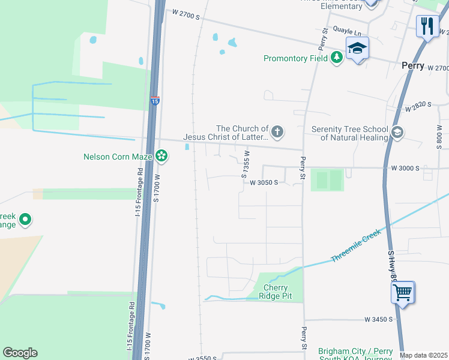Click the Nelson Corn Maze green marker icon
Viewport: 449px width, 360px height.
pyautogui.click(x=161, y=157)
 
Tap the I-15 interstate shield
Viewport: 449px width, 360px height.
pyautogui.click(x=155, y=101)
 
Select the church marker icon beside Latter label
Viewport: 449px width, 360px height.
pyautogui.click(x=277, y=131)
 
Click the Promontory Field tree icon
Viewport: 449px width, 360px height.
pyautogui.click(x=337, y=58)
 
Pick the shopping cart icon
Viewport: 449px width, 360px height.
pyautogui.click(x=403, y=293)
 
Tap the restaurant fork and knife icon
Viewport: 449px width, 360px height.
pyautogui.click(x=427, y=26)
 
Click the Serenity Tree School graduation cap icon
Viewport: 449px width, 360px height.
pyautogui.click(x=396, y=133)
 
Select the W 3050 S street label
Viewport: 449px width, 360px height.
pyautogui.click(x=264, y=182)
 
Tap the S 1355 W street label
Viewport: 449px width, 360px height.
pyautogui.click(x=246, y=164)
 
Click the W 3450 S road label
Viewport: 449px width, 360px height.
pyautogui.click(x=378, y=320)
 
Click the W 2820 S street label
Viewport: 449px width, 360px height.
pyautogui.click(x=418, y=107)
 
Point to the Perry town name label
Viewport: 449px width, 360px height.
pyautogui.click(x=413, y=65)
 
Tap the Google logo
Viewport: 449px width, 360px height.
pyautogui.click(x=20, y=353)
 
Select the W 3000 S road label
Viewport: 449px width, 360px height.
pyautogui.click(x=403, y=168)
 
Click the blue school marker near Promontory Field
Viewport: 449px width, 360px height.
pyautogui.click(x=357, y=49)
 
